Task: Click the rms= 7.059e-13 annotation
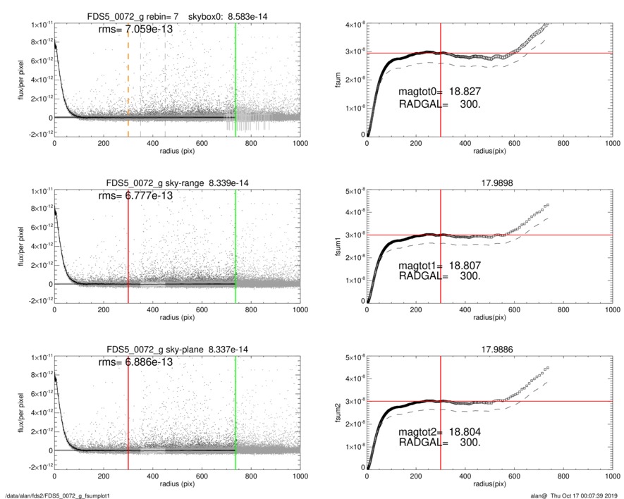135,30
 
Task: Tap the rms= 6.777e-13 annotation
135,196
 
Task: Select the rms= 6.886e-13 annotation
135,362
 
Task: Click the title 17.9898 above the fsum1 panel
489,183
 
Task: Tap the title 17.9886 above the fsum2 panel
489,349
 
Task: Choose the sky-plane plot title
177,349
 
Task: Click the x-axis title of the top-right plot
489,150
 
